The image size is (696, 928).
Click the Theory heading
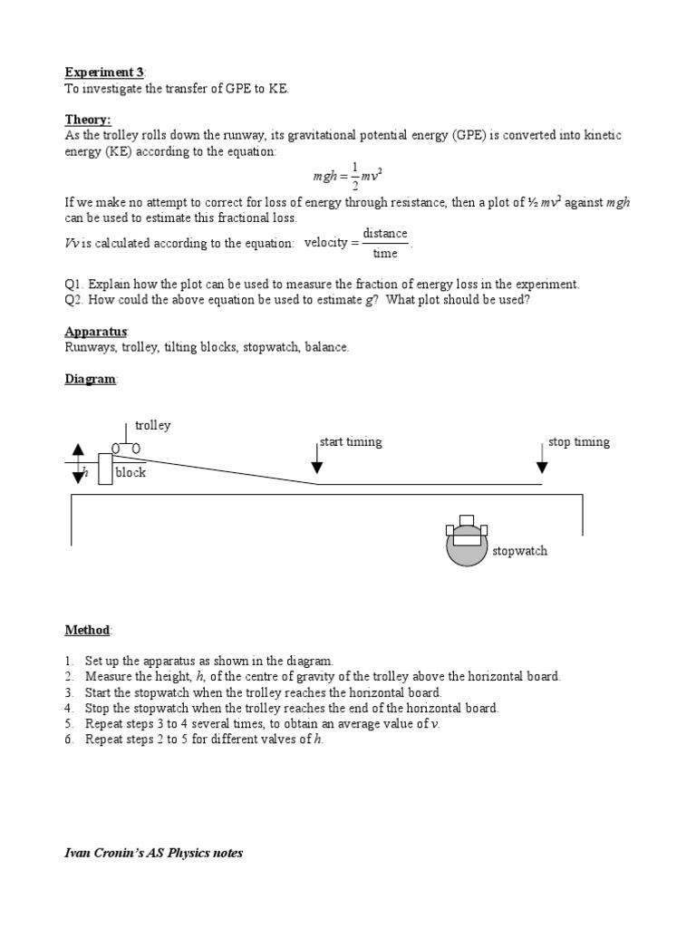[x=87, y=119]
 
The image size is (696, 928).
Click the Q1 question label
[x=75, y=284]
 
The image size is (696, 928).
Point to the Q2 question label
[x=75, y=300]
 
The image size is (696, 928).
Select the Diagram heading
[x=91, y=379]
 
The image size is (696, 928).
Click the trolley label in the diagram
[x=152, y=425]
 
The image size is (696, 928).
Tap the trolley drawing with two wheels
[x=126, y=447]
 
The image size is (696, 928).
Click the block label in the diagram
[x=130, y=472]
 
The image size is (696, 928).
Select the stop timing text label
[x=579, y=442]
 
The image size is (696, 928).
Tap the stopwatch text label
[x=519, y=551]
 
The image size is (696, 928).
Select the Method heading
[x=87, y=630]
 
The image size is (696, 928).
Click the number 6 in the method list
[x=68, y=739]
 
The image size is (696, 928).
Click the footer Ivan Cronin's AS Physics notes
[x=153, y=853]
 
